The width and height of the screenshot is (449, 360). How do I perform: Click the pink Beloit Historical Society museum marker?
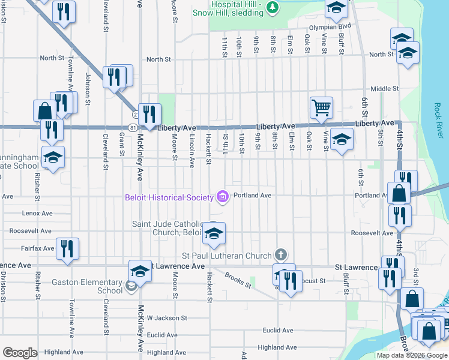tap(223, 197)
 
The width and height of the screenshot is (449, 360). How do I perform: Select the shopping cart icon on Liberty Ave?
tap(321, 107)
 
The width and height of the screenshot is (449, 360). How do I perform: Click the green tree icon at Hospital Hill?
tap(273, 7)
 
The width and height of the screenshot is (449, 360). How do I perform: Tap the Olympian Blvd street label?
tap(330, 27)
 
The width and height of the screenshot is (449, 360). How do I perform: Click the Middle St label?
tap(384, 89)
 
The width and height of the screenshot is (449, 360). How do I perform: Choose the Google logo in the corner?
tap(20, 353)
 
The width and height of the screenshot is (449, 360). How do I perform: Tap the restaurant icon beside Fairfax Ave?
tap(67, 247)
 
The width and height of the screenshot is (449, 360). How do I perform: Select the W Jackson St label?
tap(167, 318)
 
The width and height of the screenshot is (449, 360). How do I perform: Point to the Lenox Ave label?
tap(37, 213)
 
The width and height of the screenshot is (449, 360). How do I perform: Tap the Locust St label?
tap(313, 280)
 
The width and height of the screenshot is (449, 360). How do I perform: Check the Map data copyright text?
tap(411, 355)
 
